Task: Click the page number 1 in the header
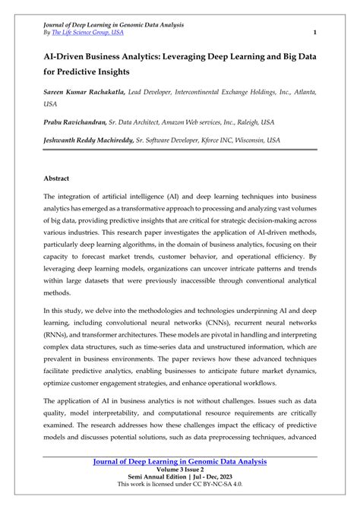pos(314,33)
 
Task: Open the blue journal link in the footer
pos(180,461)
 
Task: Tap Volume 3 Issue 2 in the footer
pos(180,470)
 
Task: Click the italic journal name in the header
pos(113,25)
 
